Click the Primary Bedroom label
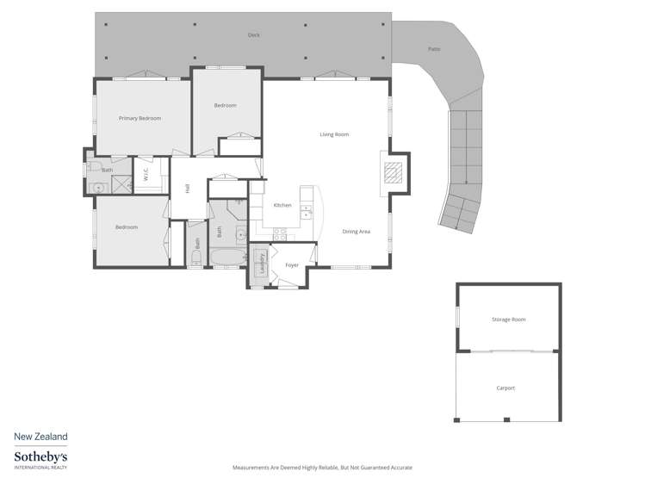[x=140, y=118]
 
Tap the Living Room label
[x=334, y=134]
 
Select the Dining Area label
[x=356, y=232]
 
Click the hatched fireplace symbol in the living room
[x=393, y=172]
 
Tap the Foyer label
[x=292, y=265]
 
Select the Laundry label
[x=262, y=264]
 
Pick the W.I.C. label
[x=146, y=173]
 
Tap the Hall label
[x=187, y=188]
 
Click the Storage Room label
[x=508, y=320]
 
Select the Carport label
[x=505, y=388]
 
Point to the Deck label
[x=253, y=35]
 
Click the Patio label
[x=434, y=49]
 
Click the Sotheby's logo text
[x=40, y=456]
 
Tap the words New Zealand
[x=40, y=437]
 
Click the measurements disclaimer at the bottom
[x=322, y=468]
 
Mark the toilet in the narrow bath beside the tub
[x=196, y=255]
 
